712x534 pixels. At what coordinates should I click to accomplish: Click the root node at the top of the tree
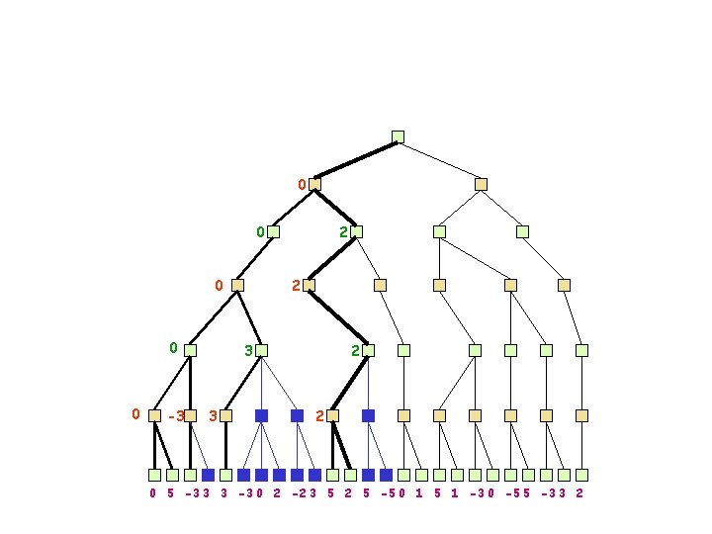click(x=398, y=136)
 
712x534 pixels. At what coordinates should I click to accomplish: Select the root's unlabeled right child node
click(x=481, y=184)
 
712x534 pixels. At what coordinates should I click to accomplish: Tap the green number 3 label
click(x=249, y=350)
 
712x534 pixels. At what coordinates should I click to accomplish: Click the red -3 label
click(x=176, y=416)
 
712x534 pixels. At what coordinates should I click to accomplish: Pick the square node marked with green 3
click(x=262, y=350)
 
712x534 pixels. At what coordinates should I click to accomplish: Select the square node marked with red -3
click(x=190, y=416)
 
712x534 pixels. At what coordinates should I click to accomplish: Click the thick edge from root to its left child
click(x=356, y=160)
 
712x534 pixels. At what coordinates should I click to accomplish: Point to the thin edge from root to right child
click(x=439, y=160)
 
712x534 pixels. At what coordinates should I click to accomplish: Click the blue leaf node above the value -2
click(x=297, y=475)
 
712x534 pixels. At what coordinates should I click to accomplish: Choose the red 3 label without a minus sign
click(x=214, y=416)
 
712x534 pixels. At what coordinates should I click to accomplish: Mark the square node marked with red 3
click(x=225, y=416)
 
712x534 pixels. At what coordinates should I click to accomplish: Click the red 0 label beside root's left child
click(x=303, y=184)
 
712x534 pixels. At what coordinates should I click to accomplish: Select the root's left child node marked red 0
click(x=314, y=184)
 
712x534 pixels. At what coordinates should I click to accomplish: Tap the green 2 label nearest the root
click(x=343, y=232)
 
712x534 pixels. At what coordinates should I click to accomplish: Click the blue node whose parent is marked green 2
click(x=368, y=416)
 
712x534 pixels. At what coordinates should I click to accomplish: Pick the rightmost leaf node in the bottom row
click(x=581, y=475)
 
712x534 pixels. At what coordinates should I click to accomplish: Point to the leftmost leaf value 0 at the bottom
click(x=153, y=492)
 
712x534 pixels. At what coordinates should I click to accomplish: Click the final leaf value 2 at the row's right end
click(x=579, y=492)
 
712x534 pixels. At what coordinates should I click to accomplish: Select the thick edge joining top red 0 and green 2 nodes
click(x=335, y=208)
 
